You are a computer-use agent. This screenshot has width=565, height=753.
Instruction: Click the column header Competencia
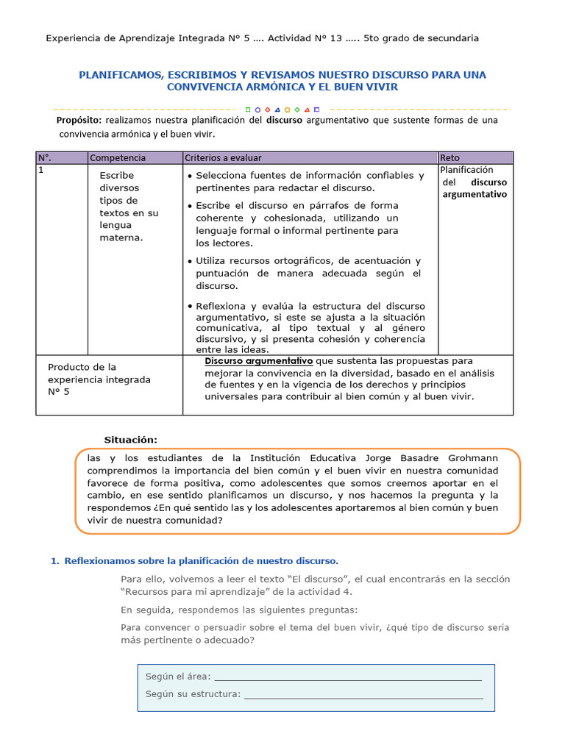[x=118, y=157]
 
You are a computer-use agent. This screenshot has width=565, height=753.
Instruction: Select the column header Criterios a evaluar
[x=223, y=157]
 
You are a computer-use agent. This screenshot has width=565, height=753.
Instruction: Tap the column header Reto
[x=449, y=157]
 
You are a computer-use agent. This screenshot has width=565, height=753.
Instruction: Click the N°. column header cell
[x=45, y=157]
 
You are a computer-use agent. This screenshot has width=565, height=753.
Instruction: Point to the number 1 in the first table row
[x=41, y=169]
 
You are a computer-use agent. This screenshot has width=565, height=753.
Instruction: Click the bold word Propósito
[x=79, y=121]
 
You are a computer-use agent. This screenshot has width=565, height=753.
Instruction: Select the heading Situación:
[x=130, y=439]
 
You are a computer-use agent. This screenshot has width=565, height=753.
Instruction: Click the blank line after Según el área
[x=347, y=677]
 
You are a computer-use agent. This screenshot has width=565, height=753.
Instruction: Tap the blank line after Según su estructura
[x=363, y=693]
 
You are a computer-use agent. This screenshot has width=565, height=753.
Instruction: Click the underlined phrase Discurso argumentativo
[x=258, y=361]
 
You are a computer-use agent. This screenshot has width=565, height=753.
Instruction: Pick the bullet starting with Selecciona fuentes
[x=310, y=181]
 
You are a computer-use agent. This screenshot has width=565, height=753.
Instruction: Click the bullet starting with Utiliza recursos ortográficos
[x=308, y=273]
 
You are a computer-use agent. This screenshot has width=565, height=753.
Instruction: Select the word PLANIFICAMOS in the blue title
[x=120, y=75]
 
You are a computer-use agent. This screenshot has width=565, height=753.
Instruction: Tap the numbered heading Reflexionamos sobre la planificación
[x=201, y=560]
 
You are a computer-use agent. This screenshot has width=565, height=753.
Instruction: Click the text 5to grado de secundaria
[x=421, y=38]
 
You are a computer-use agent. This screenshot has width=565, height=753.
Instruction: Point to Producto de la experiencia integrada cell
[x=99, y=379]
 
